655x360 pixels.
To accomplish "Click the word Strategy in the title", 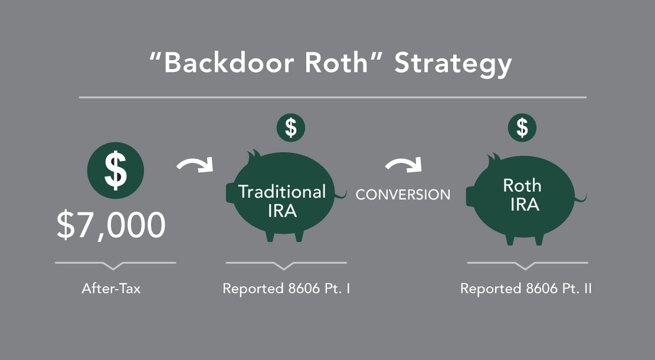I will [453, 64].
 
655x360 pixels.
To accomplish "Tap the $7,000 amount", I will [111, 225].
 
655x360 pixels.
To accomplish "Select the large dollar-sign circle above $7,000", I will [115, 170].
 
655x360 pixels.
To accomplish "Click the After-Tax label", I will [111, 289].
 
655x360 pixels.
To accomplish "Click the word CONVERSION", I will [403, 195].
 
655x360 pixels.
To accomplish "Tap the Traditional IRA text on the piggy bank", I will [281, 201].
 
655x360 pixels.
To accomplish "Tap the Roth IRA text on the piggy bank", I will [522, 195].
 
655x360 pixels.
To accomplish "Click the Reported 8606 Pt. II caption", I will [526, 289].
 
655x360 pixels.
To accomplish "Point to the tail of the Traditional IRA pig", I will [340, 195].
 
